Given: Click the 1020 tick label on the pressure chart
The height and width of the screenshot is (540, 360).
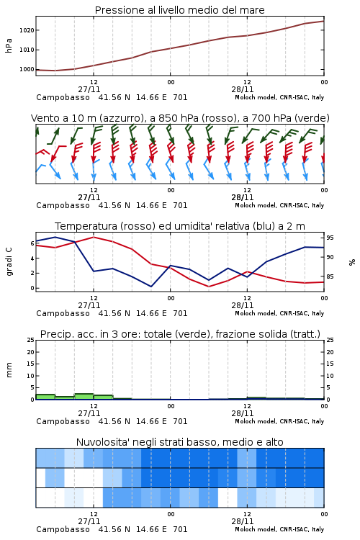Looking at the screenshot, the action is [27, 30].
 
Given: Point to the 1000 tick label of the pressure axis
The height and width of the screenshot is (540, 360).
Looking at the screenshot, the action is [27, 69].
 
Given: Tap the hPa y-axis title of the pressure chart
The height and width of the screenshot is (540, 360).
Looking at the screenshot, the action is [9, 45].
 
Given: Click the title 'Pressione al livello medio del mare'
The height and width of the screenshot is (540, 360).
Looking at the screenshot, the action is [179, 10].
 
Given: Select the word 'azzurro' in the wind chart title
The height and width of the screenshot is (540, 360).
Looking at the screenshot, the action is [121, 118].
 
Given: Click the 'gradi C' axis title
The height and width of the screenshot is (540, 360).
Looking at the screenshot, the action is [9, 262].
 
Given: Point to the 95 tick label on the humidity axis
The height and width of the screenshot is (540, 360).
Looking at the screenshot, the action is [330, 238].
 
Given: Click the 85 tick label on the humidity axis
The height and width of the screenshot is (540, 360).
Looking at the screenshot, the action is [330, 276].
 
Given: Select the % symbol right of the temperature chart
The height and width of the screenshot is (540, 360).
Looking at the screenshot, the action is [352, 262].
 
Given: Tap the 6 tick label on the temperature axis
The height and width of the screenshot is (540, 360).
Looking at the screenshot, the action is [32, 243].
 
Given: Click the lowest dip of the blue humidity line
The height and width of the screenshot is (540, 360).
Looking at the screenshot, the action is [151, 287].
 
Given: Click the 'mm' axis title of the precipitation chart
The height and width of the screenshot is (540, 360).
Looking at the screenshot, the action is [9, 370].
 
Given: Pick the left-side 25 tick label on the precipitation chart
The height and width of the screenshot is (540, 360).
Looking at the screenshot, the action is [31, 340].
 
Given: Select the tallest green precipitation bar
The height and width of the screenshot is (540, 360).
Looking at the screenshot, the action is [84, 397].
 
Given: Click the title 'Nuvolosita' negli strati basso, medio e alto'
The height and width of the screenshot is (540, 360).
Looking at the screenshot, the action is [179, 442].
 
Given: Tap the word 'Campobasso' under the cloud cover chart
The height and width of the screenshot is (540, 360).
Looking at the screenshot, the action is [63, 529].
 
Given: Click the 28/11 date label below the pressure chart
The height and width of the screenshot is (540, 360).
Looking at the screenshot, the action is [243, 89].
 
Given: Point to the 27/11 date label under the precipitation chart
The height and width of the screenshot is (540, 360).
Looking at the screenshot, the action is [89, 413].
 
